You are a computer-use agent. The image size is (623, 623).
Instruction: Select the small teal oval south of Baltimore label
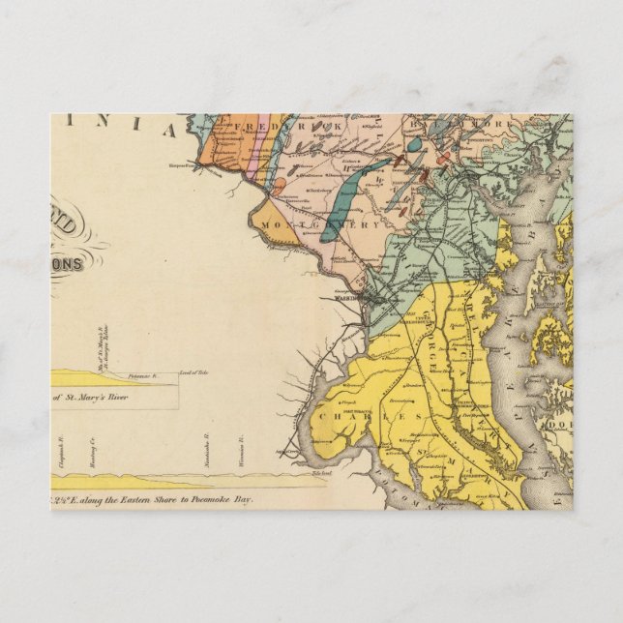click(x=415, y=145)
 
